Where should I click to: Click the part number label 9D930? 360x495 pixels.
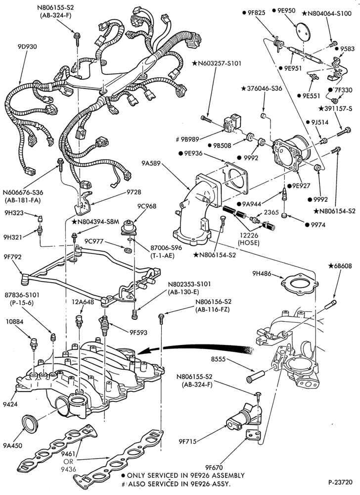click(x=27, y=47)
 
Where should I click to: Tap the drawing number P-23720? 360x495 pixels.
click(x=340, y=482)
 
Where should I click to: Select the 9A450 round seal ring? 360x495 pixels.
click(x=30, y=423)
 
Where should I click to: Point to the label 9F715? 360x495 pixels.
click(x=187, y=442)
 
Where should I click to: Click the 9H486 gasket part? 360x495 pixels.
click(x=299, y=284)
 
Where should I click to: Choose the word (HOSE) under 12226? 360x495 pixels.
click(x=249, y=243)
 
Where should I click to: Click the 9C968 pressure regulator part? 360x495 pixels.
click(x=128, y=228)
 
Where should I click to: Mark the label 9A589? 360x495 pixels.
click(x=151, y=163)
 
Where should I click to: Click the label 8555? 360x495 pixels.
click(x=219, y=359)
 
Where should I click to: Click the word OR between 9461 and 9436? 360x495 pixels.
click(x=69, y=461)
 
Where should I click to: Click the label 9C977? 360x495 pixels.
click(x=94, y=241)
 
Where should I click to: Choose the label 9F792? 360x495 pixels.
click(x=13, y=257)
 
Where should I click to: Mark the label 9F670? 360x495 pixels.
click(x=214, y=468)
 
